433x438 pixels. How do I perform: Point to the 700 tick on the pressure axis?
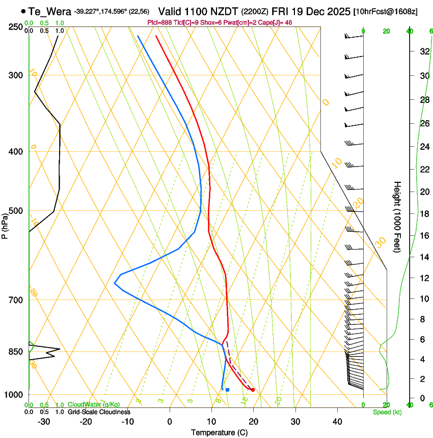pyautogui.click(x=16, y=300)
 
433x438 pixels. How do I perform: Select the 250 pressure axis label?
pyautogui.click(x=16, y=26)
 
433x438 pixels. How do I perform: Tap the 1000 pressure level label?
pyautogui.click(x=14, y=395)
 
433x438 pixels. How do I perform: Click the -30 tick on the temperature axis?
pyautogui.click(x=44, y=421)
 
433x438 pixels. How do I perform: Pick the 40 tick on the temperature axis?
pyautogui.click(x=337, y=421)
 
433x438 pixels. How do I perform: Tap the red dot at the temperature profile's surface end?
pyautogui.click(x=253, y=390)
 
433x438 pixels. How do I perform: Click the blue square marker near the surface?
pyautogui.click(x=227, y=390)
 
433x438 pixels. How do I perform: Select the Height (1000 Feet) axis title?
pyautogui.click(x=397, y=216)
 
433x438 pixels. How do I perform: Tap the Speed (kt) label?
pyautogui.click(x=387, y=412)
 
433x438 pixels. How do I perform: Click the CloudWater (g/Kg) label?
pyautogui.click(x=94, y=405)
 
